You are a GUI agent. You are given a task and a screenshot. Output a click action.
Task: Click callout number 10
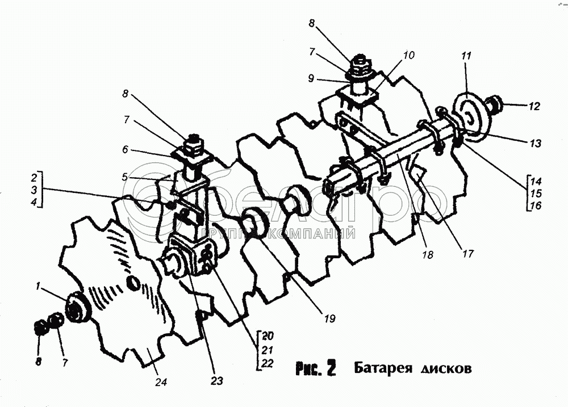[410, 56]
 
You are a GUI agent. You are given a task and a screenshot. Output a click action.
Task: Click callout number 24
[161, 383]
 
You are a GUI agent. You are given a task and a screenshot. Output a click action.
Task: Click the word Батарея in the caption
[382, 368]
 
